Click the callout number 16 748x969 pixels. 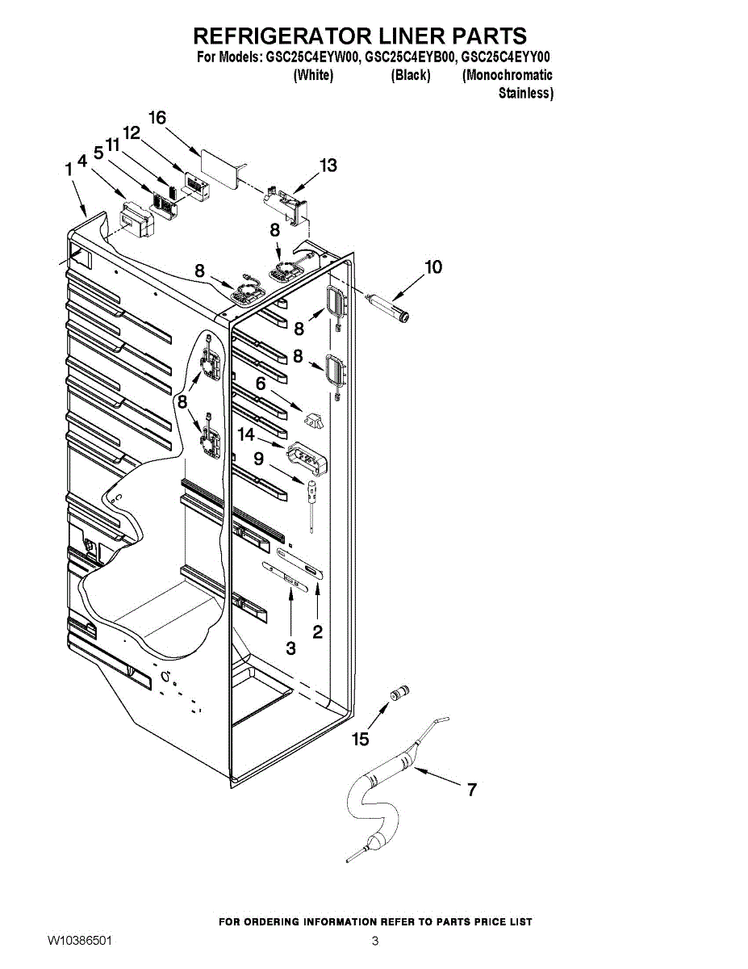tap(157, 118)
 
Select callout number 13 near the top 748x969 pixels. tap(328, 166)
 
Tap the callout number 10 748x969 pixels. tap(433, 267)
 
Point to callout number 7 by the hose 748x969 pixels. tap(472, 790)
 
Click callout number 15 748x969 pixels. tap(361, 738)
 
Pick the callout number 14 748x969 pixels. tap(246, 434)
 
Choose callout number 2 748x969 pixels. tap(318, 631)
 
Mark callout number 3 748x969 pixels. tap(290, 648)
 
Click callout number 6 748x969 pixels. tap(261, 384)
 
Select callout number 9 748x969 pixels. tap(258, 459)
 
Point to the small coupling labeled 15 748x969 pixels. tap(399, 693)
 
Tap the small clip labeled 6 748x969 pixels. tap(313, 418)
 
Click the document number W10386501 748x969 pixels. tap(80, 942)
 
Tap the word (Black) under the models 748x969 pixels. tap(411, 76)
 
